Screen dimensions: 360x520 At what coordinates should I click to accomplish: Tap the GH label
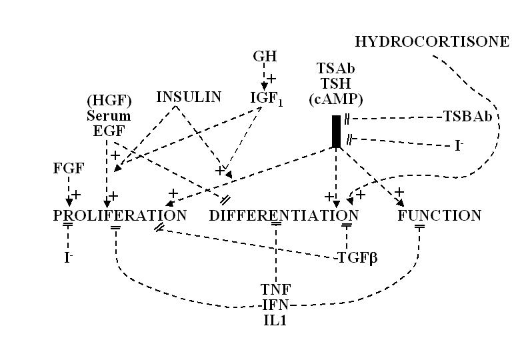265,56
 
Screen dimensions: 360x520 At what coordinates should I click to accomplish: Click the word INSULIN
189,97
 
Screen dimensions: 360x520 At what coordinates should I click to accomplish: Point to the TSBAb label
467,117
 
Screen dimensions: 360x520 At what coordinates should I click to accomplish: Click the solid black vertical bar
336,131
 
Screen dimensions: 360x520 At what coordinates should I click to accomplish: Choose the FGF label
68,168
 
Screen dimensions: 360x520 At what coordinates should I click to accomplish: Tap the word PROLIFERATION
120,215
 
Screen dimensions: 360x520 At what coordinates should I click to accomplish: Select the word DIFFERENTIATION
284,215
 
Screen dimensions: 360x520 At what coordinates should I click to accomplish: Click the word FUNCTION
439,215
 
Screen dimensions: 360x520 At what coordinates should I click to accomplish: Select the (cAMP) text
336,100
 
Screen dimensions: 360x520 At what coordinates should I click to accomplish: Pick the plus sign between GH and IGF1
271,78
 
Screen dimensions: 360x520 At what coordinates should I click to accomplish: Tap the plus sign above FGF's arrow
76,194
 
